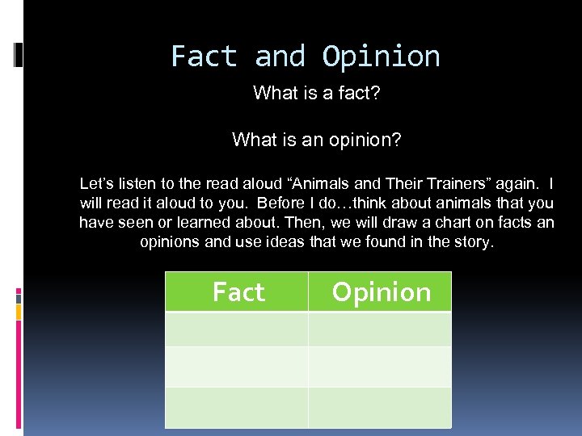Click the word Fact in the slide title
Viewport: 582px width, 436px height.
click(205, 57)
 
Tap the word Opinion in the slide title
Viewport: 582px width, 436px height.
click(381, 57)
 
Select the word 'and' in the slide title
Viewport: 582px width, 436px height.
click(280, 57)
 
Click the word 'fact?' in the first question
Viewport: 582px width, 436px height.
click(358, 94)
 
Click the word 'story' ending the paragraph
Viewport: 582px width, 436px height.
click(470, 241)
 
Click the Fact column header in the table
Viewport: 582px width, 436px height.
click(238, 291)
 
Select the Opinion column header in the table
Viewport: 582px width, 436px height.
click(381, 291)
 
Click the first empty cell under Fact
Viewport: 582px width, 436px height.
click(237, 329)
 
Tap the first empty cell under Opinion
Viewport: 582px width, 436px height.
click(380, 329)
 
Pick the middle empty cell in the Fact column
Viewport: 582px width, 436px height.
click(237, 367)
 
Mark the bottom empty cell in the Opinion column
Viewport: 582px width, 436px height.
click(380, 407)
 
